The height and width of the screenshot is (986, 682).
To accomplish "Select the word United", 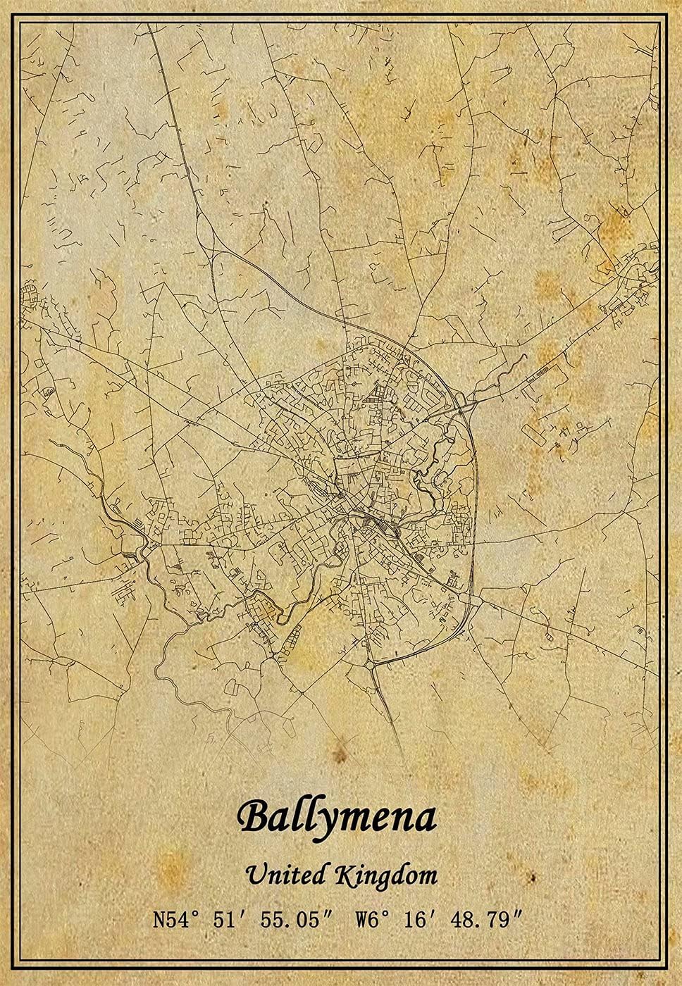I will [286, 875].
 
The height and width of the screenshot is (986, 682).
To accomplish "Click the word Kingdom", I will [386, 876].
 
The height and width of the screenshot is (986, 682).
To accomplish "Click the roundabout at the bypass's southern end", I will [371, 663].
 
